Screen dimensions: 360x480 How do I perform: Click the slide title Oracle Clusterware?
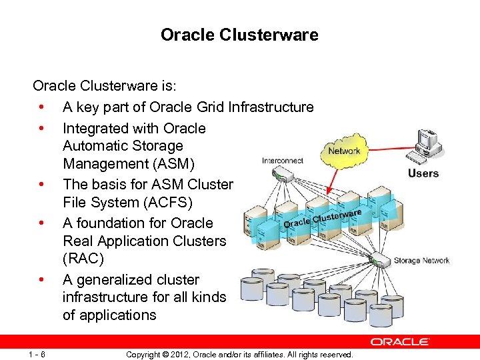239,35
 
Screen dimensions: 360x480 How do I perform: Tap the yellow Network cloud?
344,151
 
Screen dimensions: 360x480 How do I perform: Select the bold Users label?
423,174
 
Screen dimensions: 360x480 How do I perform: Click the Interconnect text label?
283,161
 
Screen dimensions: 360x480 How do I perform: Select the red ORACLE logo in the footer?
400,342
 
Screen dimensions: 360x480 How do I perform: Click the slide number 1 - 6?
37,355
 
